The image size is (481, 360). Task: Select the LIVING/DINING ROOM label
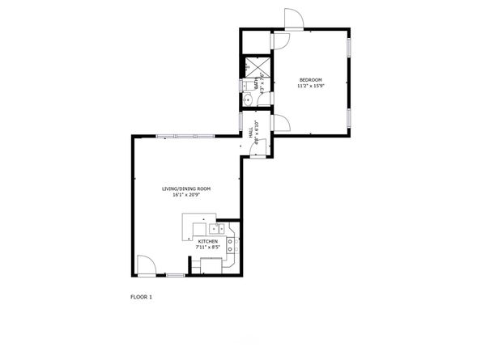(186, 189)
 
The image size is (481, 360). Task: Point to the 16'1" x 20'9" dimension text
(186, 196)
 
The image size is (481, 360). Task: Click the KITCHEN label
(208, 241)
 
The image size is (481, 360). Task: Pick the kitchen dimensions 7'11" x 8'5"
(208, 248)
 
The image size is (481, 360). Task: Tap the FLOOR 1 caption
(141, 297)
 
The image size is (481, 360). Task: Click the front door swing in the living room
(146, 265)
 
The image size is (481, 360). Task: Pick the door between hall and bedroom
(280, 123)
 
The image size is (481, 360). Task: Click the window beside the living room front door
(175, 276)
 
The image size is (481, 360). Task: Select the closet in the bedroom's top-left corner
(256, 40)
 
